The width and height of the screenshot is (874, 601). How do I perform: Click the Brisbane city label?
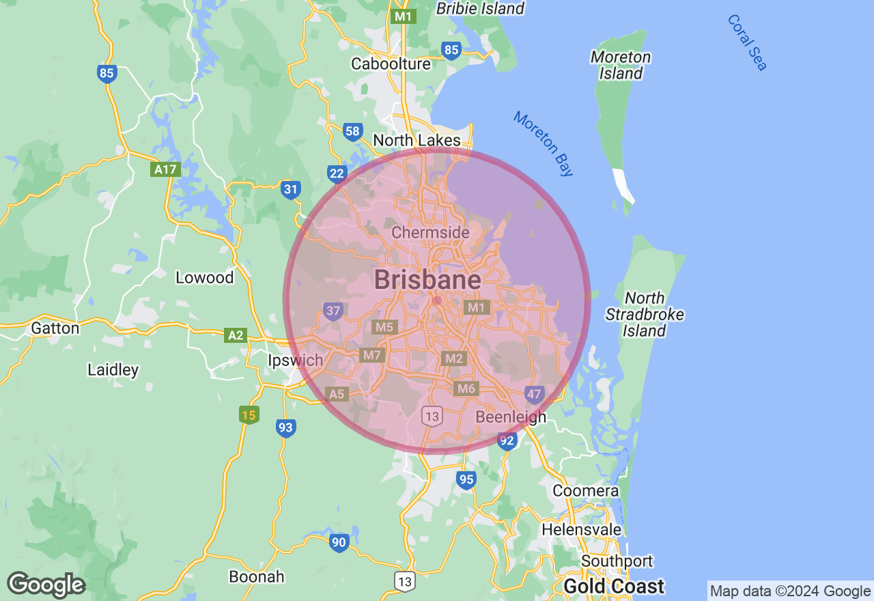[x=427, y=279]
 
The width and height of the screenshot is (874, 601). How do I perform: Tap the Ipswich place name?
[x=294, y=360]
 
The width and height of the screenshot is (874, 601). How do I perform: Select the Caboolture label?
[x=391, y=64]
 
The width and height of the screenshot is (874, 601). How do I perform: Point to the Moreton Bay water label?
[x=544, y=143]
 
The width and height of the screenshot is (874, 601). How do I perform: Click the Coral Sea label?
[x=747, y=42]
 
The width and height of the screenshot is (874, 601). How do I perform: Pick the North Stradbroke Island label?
[x=645, y=314]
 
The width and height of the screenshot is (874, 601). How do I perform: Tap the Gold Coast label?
[x=613, y=586]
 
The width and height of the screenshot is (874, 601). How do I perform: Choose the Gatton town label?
[x=55, y=328]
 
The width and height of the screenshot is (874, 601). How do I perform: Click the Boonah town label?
[x=257, y=576]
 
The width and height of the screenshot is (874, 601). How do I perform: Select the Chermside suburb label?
[x=430, y=233]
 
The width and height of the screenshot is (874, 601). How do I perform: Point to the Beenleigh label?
[x=511, y=417]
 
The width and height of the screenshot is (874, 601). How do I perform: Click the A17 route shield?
[x=165, y=169]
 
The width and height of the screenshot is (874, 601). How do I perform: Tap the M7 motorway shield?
[x=372, y=355]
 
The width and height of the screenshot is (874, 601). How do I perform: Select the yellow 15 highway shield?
[x=249, y=415]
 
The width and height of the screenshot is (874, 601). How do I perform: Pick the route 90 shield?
[x=339, y=543]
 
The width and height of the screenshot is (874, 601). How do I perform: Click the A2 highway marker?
[x=235, y=335]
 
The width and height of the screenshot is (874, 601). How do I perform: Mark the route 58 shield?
[x=352, y=132]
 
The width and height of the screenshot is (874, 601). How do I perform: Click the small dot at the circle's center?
[x=437, y=300]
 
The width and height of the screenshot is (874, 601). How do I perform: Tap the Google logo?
[x=46, y=585]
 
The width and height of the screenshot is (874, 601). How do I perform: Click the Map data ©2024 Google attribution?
[x=790, y=591]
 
